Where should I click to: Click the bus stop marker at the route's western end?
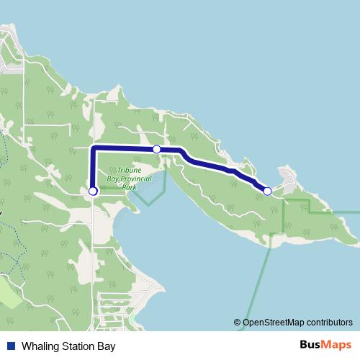(x=93, y=191)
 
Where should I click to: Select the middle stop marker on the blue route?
(x=156, y=149)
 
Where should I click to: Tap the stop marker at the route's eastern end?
(x=267, y=191)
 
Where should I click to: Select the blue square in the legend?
(x=10, y=346)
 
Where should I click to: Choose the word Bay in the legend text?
(x=107, y=346)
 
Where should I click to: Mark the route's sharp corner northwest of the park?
(x=94, y=148)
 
